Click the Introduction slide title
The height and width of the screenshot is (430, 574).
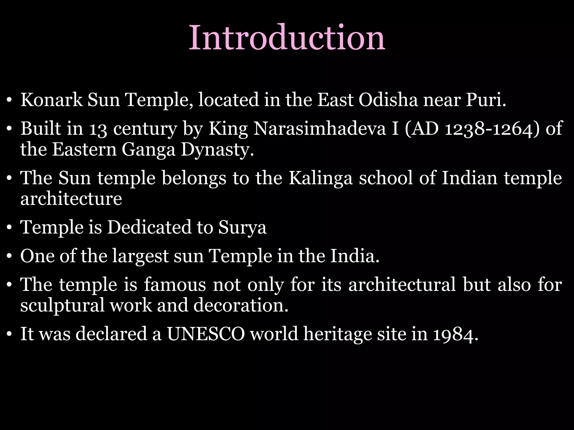click(x=287, y=38)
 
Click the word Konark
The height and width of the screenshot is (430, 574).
click(x=51, y=100)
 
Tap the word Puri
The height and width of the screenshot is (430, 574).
click(x=486, y=100)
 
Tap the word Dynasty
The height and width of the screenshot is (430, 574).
click(x=217, y=150)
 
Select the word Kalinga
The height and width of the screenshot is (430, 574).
click(x=320, y=178)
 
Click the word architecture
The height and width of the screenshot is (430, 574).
click(x=71, y=198)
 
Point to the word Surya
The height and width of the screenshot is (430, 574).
click(x=242, y=227)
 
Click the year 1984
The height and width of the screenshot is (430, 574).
click(x=455, y=335)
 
